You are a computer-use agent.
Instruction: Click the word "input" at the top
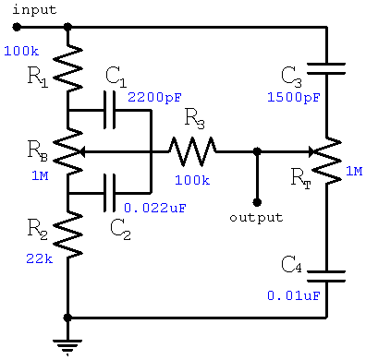tap(33, 9)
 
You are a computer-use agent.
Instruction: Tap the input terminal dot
tap(16, 28)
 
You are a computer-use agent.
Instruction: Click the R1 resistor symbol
tap(68, 67)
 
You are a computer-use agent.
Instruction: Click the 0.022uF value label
tap(155, 208)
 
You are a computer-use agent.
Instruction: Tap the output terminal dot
tap(257, 201)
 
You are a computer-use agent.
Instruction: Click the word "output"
tap(257, 218)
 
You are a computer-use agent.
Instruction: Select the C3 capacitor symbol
tap(328, 67)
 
